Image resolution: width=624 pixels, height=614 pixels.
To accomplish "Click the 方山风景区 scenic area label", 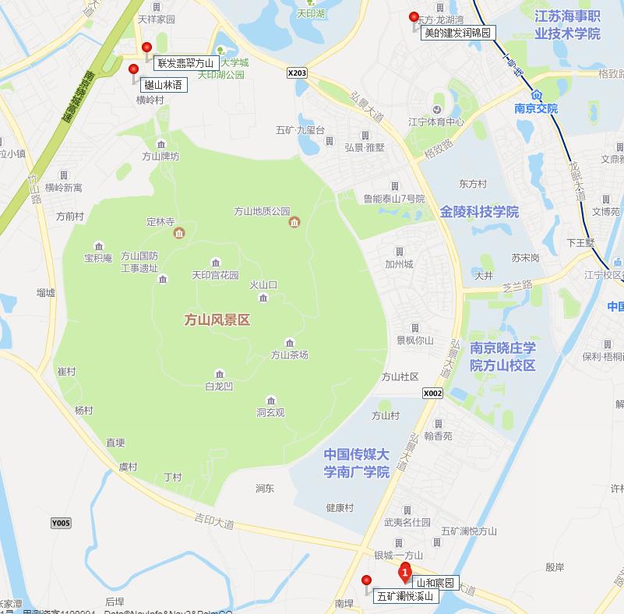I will click(217, 319).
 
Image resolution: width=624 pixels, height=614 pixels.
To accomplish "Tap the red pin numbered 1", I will click(404, 574).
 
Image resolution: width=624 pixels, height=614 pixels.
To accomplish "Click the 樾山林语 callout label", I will click(162, 84).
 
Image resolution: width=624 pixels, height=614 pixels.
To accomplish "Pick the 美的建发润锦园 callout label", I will click(457, 33).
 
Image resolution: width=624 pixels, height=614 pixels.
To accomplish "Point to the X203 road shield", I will click(298, 73).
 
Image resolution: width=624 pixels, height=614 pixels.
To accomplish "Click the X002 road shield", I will click(432, 393).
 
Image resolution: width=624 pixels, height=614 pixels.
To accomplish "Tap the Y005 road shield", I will click(60, 522).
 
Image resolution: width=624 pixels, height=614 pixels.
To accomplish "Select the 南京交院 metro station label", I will click(536, 109).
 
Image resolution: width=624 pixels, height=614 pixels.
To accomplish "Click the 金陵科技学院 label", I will click(479, 212).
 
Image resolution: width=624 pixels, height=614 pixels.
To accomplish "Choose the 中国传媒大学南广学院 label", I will click(356, 463).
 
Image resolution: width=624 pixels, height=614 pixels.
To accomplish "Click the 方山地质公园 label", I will click(262, 211).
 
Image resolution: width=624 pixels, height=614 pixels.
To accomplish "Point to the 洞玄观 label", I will click(270, 412).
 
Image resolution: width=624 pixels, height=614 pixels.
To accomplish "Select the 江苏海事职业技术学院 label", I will click(567, 25).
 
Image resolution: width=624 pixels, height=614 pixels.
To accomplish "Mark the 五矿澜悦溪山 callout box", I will click(405, 596).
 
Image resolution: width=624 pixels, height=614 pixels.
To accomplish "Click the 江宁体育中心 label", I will click(436, 122).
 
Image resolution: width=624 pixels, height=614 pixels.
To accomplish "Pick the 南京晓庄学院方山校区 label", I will click(502, 356).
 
